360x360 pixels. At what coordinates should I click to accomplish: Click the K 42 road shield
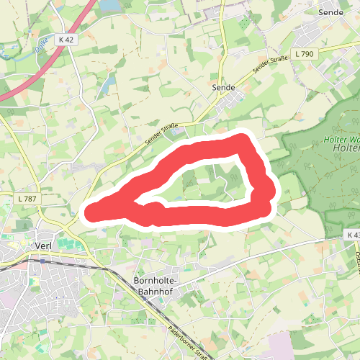click(68, 40)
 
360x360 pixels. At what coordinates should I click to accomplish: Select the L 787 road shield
click(27, 198)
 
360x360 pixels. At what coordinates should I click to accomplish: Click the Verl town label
click(46, 245)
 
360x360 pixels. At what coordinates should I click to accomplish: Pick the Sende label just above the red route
click(224, 86)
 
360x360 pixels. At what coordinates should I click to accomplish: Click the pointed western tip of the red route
click(89, 212)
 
